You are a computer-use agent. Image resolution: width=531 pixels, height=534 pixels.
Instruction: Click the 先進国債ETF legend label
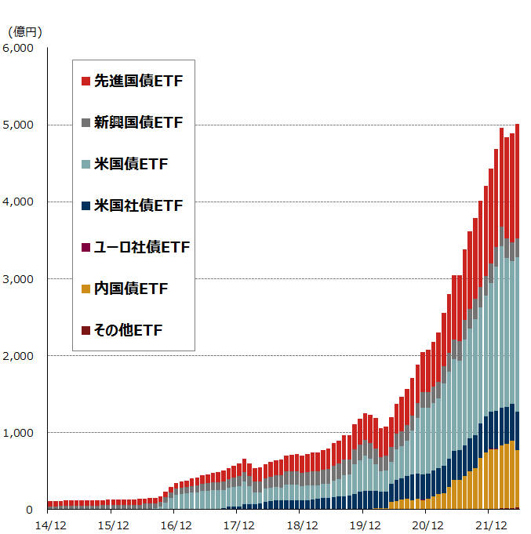pos(138,81)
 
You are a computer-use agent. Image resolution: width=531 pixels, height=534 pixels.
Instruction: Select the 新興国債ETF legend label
pos(138,122)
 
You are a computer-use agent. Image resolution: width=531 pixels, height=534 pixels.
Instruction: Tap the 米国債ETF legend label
pos(131,164)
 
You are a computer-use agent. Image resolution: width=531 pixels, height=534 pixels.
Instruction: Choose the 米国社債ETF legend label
pos(138,205)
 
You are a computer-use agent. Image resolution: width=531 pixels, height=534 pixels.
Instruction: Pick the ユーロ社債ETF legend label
pos(141,248)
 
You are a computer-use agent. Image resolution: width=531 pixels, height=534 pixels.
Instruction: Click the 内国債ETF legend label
pos(131,289)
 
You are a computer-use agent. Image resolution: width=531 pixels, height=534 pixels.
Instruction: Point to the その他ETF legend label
pos(128,331)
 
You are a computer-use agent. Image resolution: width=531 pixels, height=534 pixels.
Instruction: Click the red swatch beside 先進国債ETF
pos(85,81)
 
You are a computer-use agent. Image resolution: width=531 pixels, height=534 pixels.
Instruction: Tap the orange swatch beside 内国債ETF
pos(85,289)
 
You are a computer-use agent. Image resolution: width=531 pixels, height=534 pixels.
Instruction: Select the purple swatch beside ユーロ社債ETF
pos(85,248)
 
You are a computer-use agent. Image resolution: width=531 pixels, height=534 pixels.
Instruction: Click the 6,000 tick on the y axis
pos(18,49)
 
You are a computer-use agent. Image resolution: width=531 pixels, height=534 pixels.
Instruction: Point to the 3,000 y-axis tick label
pos(18,279)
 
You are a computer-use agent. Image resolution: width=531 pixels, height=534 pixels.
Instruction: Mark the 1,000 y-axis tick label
pos(18,433)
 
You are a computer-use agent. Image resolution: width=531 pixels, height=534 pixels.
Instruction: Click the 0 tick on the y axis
pos(30,510)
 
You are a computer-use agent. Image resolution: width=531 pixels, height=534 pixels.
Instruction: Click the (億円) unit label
pos(24,32)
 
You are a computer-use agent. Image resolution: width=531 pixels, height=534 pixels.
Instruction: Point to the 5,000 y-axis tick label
pos(18,125)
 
